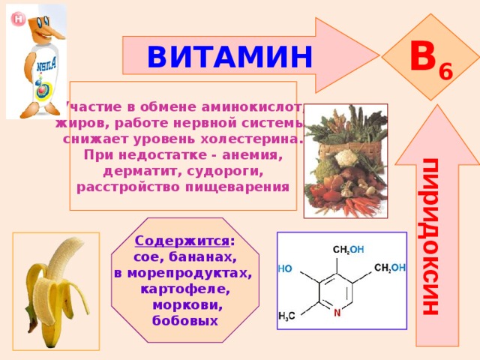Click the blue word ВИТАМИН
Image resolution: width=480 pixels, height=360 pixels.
(229, 57)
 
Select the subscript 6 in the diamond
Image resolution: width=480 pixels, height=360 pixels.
(445, 72)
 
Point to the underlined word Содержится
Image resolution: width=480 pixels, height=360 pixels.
(181, 241)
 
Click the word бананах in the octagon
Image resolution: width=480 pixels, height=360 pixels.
(202, 257)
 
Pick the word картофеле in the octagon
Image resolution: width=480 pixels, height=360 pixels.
(185, 289)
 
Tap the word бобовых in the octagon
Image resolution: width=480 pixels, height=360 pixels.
(185, 321)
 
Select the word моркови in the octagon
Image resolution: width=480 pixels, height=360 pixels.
(187, 305)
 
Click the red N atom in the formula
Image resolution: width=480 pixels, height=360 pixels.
(337, 313)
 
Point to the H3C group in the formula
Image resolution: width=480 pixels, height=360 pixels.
(286, 316)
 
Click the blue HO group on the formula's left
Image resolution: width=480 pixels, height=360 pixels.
(285, 268)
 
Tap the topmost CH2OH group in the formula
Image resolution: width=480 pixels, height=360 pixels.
(348, 250)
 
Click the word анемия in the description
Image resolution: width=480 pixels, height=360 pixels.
(252, 155)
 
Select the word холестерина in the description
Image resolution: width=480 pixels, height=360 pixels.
(252, 139)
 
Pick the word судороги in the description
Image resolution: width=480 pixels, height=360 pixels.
(225, 171)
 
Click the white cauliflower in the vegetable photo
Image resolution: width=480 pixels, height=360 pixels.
(346, 157)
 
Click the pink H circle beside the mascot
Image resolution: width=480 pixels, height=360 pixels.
(18, 19)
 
